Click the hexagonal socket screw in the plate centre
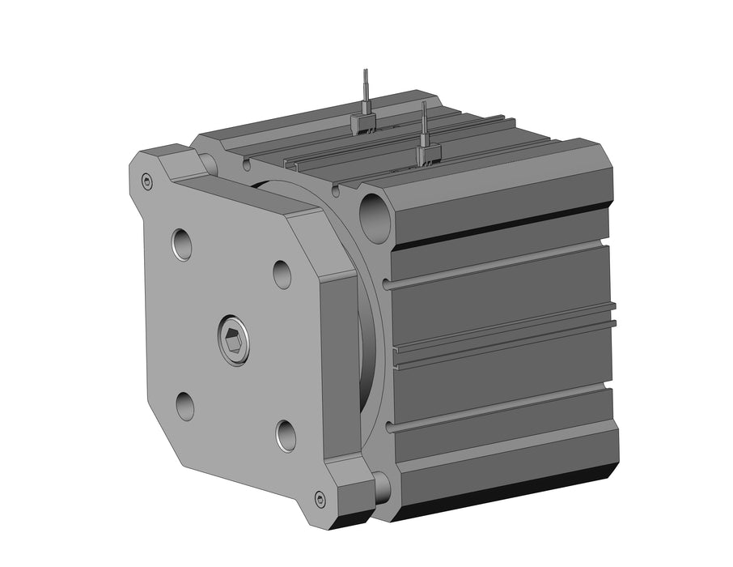(233, 340)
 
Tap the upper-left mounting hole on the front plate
(183, 244)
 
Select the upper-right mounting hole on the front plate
(282, 275)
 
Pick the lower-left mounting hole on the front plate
(185, 405)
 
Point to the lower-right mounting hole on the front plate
(286, 435)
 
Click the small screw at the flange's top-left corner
(146, 181)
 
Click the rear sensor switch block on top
(365, 122)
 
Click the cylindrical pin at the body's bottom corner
(381, 485)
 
